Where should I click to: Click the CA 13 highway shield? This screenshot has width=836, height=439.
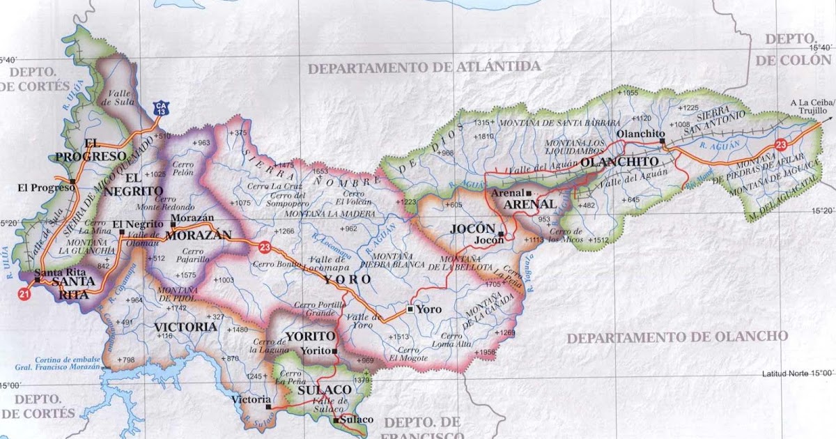pos(162,109)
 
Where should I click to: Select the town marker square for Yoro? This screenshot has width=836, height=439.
pos(410,309)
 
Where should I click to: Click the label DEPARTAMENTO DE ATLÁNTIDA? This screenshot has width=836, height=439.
pos(424,68)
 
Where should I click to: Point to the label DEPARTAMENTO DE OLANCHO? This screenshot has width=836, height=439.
pos(677,337)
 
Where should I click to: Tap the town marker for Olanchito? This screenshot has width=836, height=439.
pos(663,141)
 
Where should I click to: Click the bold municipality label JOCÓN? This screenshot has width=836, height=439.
pos(472,229)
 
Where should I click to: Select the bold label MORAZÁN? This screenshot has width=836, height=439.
pos(198,236)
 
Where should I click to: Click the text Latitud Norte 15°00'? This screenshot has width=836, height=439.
pos(798,373)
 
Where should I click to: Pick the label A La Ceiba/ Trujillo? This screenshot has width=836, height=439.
pos(808,107)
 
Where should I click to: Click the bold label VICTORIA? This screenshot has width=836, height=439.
pos(185,326)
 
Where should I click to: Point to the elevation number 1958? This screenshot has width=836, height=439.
pos(488,352)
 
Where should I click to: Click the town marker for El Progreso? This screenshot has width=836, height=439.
pos(73,182)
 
